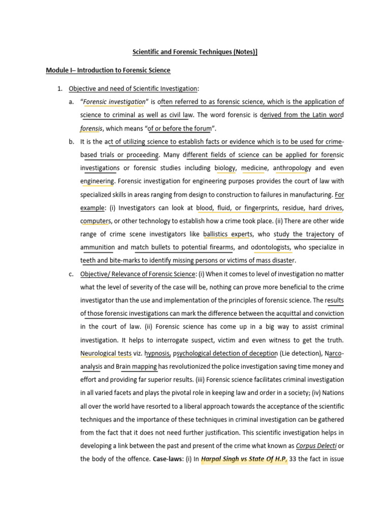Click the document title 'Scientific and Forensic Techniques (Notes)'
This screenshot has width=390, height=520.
point(194,52)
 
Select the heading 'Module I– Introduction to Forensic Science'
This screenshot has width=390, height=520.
point(108,70)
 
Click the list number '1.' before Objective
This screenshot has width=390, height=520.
point(59,89)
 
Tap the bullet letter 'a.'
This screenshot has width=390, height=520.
point(71,102)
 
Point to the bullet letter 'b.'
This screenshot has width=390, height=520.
point(71,141)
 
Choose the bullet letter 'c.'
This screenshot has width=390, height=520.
point(71,274)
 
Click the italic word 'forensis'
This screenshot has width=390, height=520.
point(91,128)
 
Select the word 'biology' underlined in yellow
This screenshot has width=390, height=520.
point(225,168)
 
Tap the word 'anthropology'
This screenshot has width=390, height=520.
point(292,168)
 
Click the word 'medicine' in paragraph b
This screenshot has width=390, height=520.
point(255,168)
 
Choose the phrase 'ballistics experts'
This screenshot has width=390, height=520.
point(227,234)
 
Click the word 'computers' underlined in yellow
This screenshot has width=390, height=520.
point(95,221)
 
